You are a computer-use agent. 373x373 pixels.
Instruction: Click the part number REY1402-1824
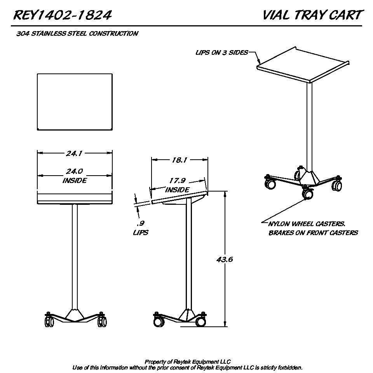(63, 15)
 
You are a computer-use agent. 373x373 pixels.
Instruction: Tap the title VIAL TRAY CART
(312, 15)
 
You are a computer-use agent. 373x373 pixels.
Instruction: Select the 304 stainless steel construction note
(77, 33)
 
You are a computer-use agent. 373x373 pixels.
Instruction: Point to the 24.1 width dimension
(74, 153)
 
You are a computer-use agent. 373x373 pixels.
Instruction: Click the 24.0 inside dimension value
(74, 171)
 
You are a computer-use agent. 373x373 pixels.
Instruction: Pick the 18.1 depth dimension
(180, 160)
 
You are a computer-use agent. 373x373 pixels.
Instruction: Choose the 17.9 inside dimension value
(178, 181)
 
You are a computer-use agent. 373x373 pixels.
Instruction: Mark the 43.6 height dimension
(225, 259)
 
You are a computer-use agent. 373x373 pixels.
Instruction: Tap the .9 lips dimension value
(141, 223)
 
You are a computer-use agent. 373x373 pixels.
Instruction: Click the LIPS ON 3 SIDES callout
(222, 52)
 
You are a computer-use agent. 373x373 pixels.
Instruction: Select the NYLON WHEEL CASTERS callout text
(307, 224)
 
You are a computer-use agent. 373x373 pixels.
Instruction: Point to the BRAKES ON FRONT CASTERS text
(313, 233)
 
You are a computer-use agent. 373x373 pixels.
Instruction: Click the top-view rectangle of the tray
(75, 102)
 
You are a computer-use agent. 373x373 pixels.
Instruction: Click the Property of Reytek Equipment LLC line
(188, 362)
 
